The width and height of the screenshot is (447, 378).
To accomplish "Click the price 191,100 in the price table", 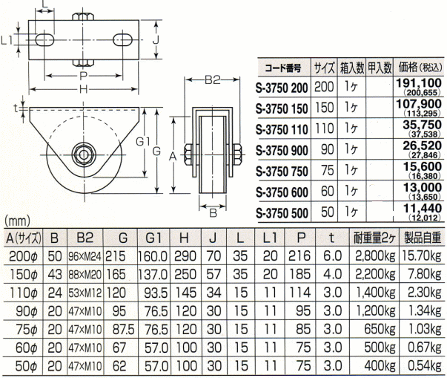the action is pos(419,83).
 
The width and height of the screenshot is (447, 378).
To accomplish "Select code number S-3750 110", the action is pos(282,130).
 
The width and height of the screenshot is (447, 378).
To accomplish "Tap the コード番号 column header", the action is pos(282,68).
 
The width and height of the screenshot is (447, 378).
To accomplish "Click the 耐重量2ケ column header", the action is pos(374,238).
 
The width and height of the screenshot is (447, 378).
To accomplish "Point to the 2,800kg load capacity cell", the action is pos(375,256).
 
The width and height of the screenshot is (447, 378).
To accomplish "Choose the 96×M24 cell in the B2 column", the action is pos(85,256).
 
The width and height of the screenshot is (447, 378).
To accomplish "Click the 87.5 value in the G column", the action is pos(123,330).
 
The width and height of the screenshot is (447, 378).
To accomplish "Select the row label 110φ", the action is pos(24,293).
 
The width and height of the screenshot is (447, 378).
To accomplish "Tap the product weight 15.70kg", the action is pos(422,256).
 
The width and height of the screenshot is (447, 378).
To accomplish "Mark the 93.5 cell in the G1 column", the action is pos(156,293).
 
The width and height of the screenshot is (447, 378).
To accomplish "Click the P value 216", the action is pos(299,256).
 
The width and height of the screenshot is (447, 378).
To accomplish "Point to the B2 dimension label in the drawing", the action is pos(213,80).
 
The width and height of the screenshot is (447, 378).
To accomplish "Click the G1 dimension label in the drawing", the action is pos(143,142).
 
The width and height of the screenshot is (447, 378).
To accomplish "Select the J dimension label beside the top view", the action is pos(156,41).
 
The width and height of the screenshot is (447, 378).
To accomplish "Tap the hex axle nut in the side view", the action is pos(83,154).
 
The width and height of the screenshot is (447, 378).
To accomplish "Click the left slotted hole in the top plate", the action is pos(45,39).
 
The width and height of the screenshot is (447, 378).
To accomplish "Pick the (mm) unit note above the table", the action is pos(17,221).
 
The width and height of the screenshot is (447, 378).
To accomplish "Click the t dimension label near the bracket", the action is pos(16,108).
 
